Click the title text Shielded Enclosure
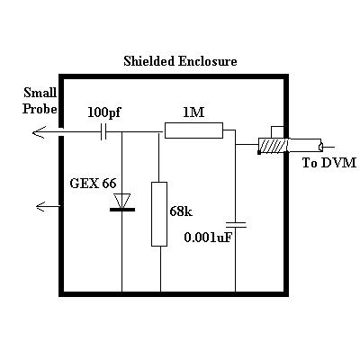click(x=180, y=61)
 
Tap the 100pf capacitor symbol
click(x=103, y=132)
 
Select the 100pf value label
click(x=103, y=112)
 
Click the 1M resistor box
click(x=193, y=130)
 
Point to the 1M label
click(x=193, y=112)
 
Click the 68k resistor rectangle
click(x=159, y=214)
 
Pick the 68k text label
click(x=181, y=211)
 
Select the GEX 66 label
click(x=93, y=183)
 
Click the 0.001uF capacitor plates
click(x=236, y=225)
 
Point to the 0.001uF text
click(x=208, y=238)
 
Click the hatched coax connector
click(x=273, y=146)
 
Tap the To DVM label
click(x=329, y=163)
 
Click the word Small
click(x=40, y=93)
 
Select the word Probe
click(x=40, y=109)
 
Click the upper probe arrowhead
click(x=39, y=132)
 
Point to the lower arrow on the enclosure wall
click(x=48, y=206)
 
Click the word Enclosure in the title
click(x=208, y=61)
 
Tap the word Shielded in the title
click(x=148, y=61)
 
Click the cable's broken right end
click(x=321, y=147)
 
